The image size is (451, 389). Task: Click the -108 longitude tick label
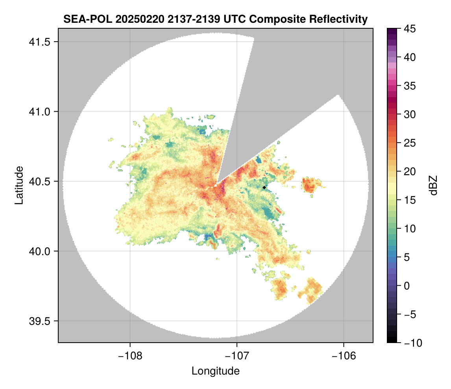point(129,356)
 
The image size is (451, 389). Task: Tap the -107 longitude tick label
point(237,356)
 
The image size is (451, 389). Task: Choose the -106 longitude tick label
point(344,356)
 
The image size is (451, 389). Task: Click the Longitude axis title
point(215,371)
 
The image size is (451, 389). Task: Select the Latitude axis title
point(18,185)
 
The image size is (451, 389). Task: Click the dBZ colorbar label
point(433,185)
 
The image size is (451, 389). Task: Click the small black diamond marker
point(264,187)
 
